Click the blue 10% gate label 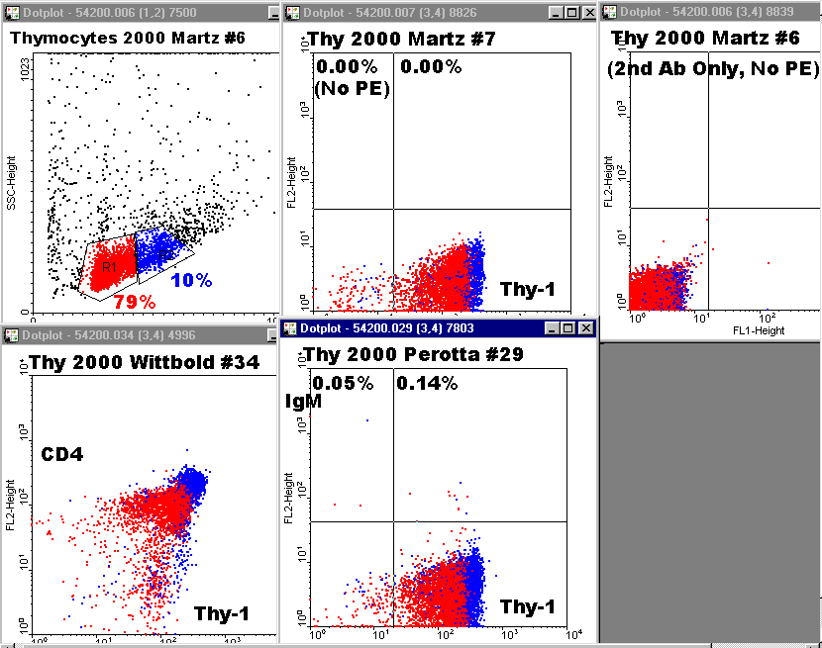191,280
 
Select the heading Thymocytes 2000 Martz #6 128,38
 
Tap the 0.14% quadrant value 427,383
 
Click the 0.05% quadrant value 343,383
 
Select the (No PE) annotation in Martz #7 352,88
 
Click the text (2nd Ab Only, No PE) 713,68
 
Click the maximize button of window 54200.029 568,327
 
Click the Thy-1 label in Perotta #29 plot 527,606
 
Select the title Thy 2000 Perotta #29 414,354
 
